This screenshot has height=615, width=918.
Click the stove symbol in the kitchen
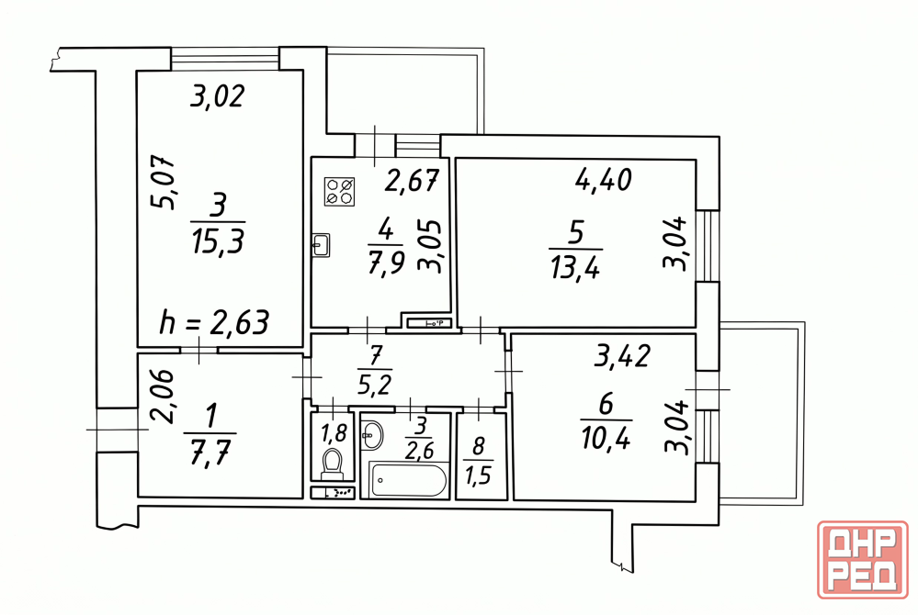click(x=340, y=191)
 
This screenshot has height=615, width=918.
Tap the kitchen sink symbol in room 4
click(x=321, y=245)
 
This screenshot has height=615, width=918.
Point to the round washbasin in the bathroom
click(x=372, y=434)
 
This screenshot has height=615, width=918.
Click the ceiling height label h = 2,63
click(x=214, y=322)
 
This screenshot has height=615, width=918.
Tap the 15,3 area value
click(x=217, y=240)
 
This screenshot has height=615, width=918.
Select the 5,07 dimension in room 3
click(x=163, y=183)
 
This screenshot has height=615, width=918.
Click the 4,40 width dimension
click(x=603, y=180)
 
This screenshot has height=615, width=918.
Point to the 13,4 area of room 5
click(x=575, y=268)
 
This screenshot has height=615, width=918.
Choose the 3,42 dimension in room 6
click(x=622, y=355)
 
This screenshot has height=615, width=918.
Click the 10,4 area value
click(x=606, y=436)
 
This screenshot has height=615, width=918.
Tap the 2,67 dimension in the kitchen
click(x=412, y=181)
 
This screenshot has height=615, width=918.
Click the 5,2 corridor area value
click(x=375, y=384)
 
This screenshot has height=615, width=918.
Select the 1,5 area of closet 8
click(x=478, y=475)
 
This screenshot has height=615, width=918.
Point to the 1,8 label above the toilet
click(x=334, y=432)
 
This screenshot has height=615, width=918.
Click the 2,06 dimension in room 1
click(x=161, y=397)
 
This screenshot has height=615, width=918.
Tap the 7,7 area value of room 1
click(x=210, y=452)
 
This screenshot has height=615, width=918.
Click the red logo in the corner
click(x=863, y=559)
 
